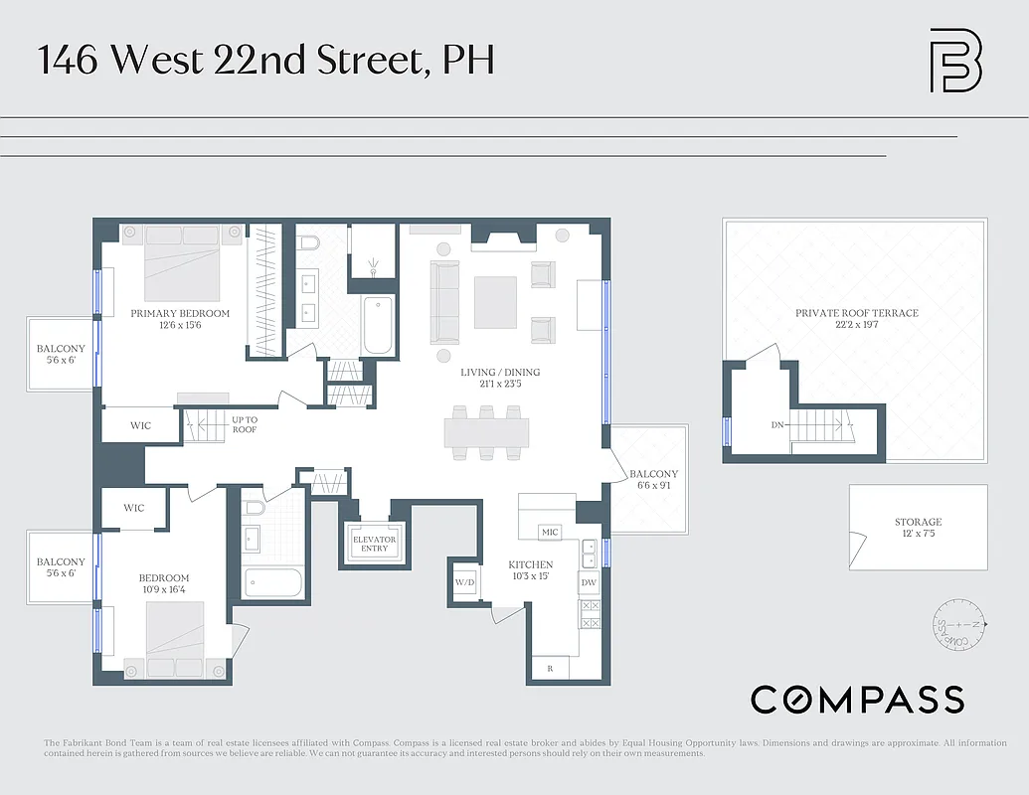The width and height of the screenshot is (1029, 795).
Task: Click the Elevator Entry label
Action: pyautogui.click(x=374, y=544)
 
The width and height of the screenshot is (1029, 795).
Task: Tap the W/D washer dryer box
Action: pyautogui.click(x=464, y=582)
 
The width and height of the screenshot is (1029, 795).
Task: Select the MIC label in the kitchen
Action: pyautogui.click(x=550, y=533)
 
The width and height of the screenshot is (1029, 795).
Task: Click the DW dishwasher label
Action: pyautogui.click(x=589, y=582)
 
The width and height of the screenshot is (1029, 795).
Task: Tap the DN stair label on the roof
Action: pyautogui.click(x=777, y=425)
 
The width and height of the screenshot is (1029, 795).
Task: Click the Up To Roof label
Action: pyautogui.click(x=245, y=424)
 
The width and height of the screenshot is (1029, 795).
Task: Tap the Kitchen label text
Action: pyautogui.click(x=530, y=564)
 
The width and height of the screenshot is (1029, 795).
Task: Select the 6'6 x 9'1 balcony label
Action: pyautogui.click(x=653, y=480)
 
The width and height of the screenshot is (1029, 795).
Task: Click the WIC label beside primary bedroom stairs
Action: pyautogui.click(x=141, y=425)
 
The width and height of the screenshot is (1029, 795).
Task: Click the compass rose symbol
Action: pyautogui.click(x=956, y=625)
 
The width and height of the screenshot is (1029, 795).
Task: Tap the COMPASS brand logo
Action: pyautogui.click(x=857, y=700)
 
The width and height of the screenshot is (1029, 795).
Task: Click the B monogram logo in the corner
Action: pyautogui.click(x=954, y=62)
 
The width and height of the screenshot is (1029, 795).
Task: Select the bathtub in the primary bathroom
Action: pyautogui.click(x=379, y=324)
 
